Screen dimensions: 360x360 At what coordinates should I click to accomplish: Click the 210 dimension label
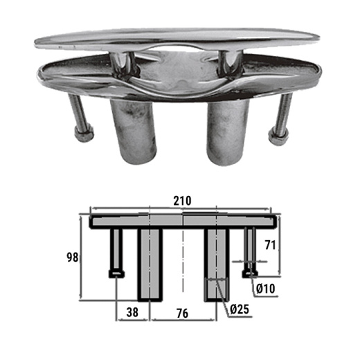tap(182, 201)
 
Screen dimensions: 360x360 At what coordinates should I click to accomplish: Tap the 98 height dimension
tap(73, 258)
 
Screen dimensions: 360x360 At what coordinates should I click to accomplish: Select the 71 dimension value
tap(270, 245)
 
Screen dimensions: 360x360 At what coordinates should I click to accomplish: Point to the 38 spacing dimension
tap(132, 312)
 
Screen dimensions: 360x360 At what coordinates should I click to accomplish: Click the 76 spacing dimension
tap(182, 313)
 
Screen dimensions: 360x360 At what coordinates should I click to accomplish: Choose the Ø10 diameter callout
tap(266, 289)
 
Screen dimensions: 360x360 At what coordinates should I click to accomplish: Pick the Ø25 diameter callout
tap(240, 309)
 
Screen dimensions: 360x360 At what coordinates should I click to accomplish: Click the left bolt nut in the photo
tap(84, 134)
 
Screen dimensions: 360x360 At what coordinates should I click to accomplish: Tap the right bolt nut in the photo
tap(278, 137)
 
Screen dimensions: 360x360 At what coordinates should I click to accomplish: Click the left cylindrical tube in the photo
tap(134, 132)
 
